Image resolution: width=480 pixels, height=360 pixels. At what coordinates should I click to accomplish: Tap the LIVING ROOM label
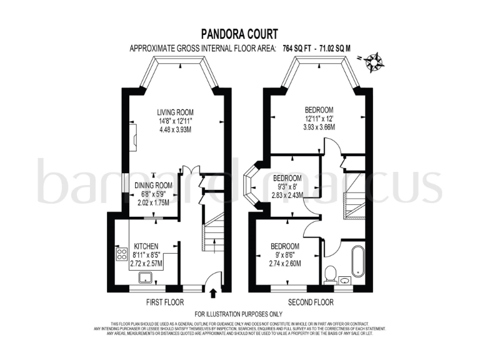coord(175,112)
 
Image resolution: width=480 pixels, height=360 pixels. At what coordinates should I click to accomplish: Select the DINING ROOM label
coord(154,185)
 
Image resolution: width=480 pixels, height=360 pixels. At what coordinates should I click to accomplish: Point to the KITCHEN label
coord(146,246)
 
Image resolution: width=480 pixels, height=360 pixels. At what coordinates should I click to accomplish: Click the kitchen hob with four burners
coord(121,254)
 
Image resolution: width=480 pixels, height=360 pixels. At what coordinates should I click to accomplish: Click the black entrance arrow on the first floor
coord(216,291)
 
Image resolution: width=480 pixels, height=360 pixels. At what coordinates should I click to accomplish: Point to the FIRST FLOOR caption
coord(165,302)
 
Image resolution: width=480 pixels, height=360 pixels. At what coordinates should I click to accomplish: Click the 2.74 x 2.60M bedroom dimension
coord(284,263)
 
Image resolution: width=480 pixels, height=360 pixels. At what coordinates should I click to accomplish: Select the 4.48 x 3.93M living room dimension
coord(175,131)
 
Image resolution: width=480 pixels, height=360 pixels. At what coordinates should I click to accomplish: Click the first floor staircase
coord(215,231)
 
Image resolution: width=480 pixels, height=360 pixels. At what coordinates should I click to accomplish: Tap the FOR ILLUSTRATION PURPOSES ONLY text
coord(239,314)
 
